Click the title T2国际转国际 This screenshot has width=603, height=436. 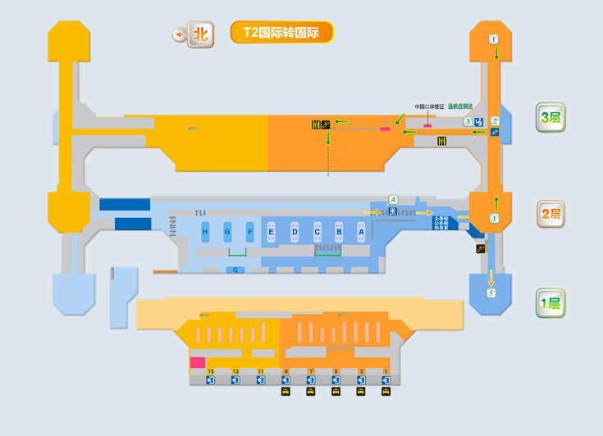(x=281, y=33)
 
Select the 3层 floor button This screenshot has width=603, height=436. (x=550, y=117)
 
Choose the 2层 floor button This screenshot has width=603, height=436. (x=550, y=214)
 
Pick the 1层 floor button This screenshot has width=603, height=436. (x=550, y=303)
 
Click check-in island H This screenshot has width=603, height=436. (x=205, y=233)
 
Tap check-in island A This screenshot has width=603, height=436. (x=361, y=233)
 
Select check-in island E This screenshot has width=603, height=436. (x=271, y=233)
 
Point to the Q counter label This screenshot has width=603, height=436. (x=235, y=270)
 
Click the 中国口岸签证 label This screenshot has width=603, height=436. (x=429, y=107)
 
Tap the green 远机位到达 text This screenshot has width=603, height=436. (x=459, y=107)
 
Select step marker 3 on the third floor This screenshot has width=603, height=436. (x=468, y=122)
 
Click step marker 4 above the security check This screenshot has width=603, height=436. (x=394, y=199)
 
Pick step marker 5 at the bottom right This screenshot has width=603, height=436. (x=491, y=293)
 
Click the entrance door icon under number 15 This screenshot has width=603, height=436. (x=211, y=380)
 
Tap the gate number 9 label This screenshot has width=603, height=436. (x=286, y=372)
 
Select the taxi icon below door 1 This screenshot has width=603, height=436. (x=386, y=392)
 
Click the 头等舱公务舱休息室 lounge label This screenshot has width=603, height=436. (x=444, y=223)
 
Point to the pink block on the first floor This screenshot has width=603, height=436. (x=198, y=362)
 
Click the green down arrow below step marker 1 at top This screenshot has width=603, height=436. (x=496, y=52)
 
